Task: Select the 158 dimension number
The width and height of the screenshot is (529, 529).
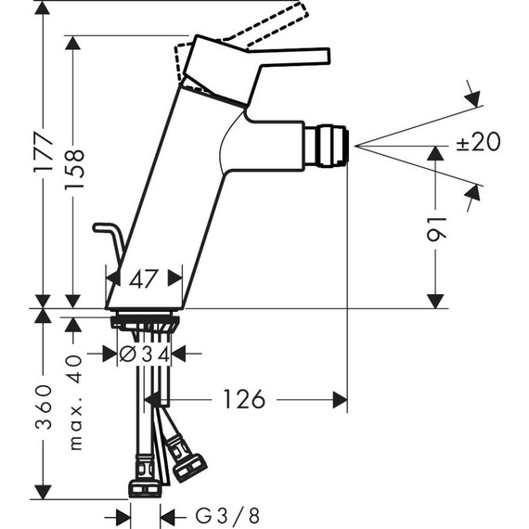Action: (74, 171)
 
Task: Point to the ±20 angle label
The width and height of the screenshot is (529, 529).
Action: (478, 141)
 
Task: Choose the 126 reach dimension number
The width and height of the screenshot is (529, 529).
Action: (242, 399)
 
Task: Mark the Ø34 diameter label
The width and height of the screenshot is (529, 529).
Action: (146, 354)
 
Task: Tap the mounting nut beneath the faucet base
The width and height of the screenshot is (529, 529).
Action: (145, 322)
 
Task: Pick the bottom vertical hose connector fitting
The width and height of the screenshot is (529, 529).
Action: (144, 486)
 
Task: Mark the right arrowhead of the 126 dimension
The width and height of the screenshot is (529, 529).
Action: (341, 399)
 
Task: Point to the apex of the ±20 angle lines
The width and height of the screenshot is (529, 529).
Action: (355, 146)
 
